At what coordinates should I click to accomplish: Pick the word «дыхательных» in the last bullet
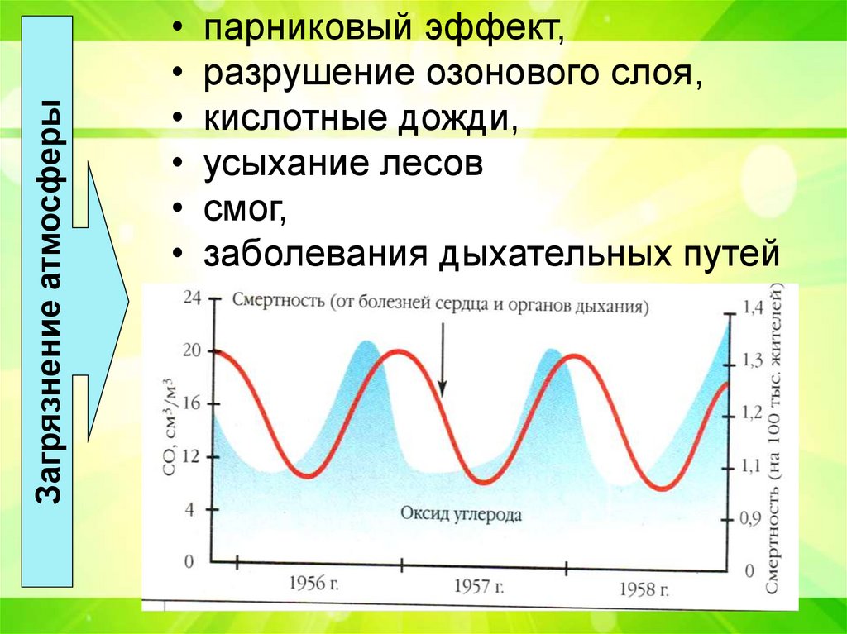[x=553, y=254]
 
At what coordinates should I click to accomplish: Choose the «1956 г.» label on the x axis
[x=313, y=584]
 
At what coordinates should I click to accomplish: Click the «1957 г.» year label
[x=479, y=586]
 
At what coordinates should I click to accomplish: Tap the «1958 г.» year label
[x=644, y=589]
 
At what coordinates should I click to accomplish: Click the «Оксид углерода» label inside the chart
[x=461, y=513]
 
